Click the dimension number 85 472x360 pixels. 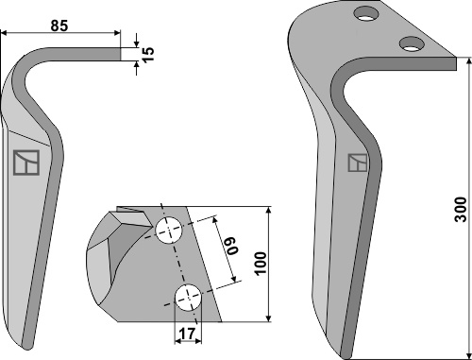pyautogui.click(x=59, y=26)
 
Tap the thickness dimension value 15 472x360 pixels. pyautogui.click(x=148, y=54)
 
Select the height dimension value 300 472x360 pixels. pyautogui.click(x=461, y=210)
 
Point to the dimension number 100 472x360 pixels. pyautogui.click(x=261, y=264)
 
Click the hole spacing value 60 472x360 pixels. pyautogui.click(x=232, y=245)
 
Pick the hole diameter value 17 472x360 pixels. pyautogui.click(x=188, y=334)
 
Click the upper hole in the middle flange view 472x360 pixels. pyautogui.click(x=169, y=230)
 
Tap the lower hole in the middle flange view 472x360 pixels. pyautogui.click(x=188, y=298)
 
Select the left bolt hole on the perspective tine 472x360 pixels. pyautogui.click(x=366, y=14)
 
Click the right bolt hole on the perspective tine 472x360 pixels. pyautogui.click(x=412, y=43)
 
